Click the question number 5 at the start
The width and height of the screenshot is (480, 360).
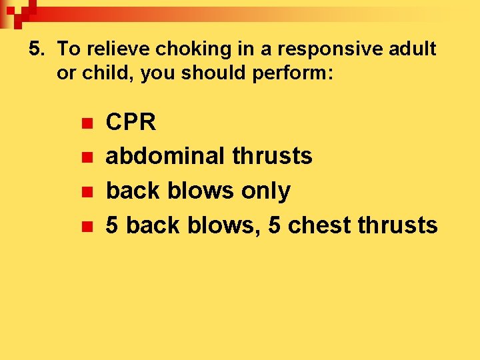coord(35,49)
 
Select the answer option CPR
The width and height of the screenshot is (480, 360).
coord(131,122)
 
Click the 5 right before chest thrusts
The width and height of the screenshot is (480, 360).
coord(274,225)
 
